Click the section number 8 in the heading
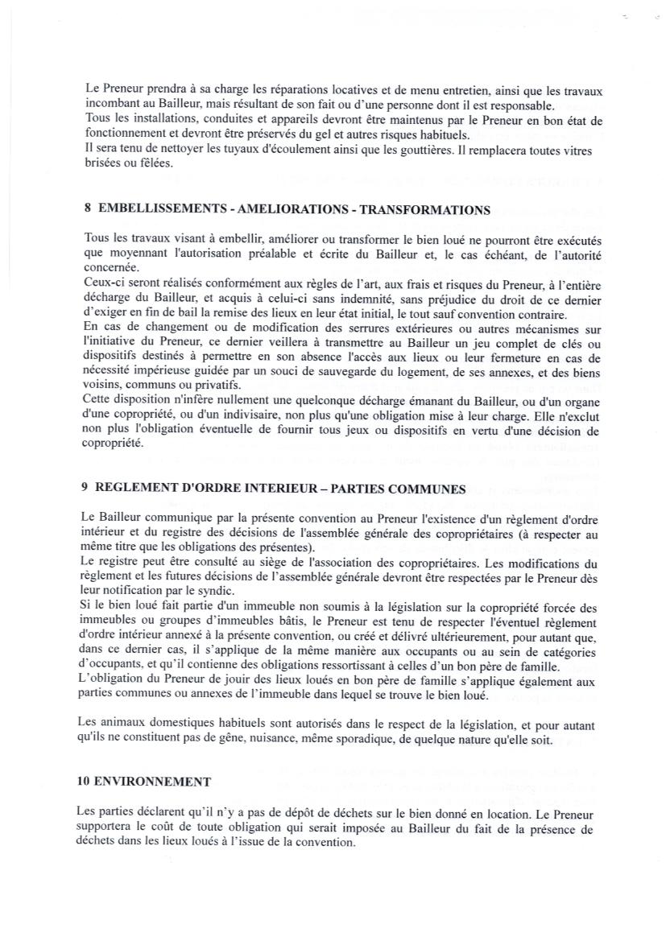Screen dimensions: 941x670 click(87, 209)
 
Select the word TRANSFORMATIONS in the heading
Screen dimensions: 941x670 click(424, 210)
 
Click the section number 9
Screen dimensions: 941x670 click(85, 488)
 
